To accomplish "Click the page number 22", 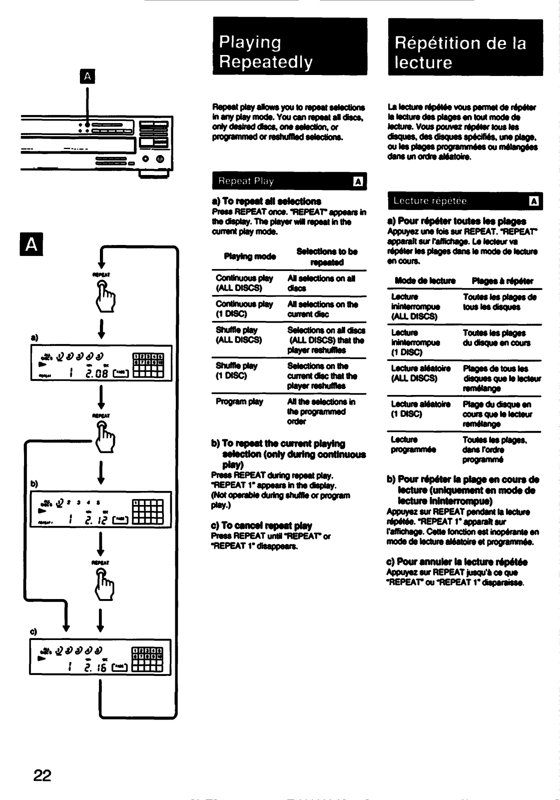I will click(x=42, y=775).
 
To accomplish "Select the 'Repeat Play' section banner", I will click(x=289, y=181).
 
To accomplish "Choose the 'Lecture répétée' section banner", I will click(x=465, y=201).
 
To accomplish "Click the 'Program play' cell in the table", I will click(x=239, y=401).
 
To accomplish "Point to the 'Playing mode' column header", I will click(x=250, y=256).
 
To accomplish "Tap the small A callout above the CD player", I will click(x=88, y=76).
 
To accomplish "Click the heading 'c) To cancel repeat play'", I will click(x=262, y=525).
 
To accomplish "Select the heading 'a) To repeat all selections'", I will click(x=266, y=201).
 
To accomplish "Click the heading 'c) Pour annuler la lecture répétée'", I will click(x=457, y=562).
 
